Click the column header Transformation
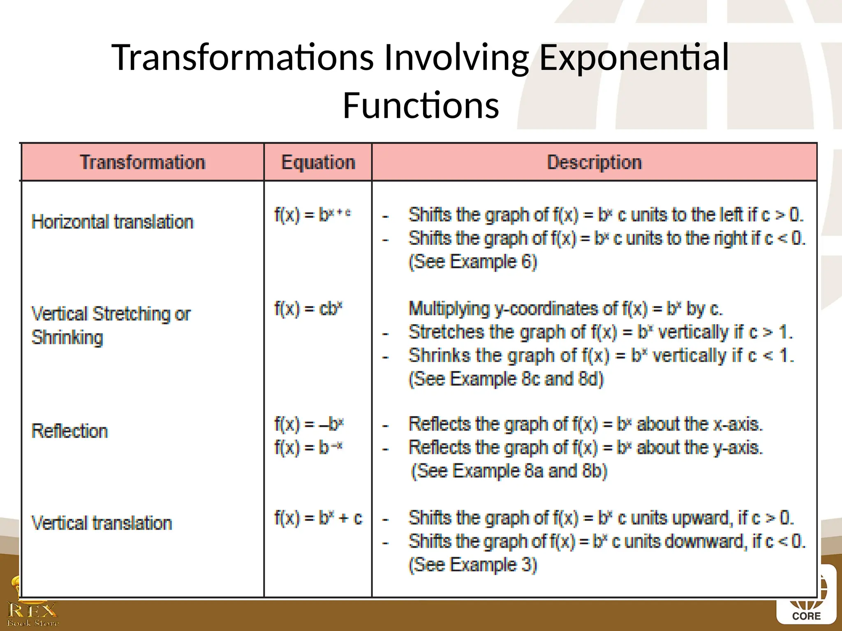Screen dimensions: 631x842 pos(142,162)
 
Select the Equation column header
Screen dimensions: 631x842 pos(318,162)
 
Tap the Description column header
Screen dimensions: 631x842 pos(594,162)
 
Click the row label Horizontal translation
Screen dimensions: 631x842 pos(112,222)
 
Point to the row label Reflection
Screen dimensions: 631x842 pos(69,431)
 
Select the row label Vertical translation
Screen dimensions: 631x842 pos(102,523)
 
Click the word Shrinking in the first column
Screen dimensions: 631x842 pos(67,338)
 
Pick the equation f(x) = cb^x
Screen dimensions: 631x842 pos(308,309)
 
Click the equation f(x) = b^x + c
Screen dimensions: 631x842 pos(318,518)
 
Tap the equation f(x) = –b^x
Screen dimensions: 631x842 pos(309,424)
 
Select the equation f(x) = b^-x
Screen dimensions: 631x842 pos(308,447)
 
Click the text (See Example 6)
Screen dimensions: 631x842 pos(473,262)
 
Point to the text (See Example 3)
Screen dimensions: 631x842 pos(473,565)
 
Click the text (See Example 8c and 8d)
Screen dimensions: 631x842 pos(506,379)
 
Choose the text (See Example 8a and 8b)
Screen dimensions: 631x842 pos(509,471)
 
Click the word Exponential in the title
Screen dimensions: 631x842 pos(634,57)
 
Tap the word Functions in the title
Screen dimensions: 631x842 pos(421,106)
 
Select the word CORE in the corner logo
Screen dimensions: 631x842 pos(806,616)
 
